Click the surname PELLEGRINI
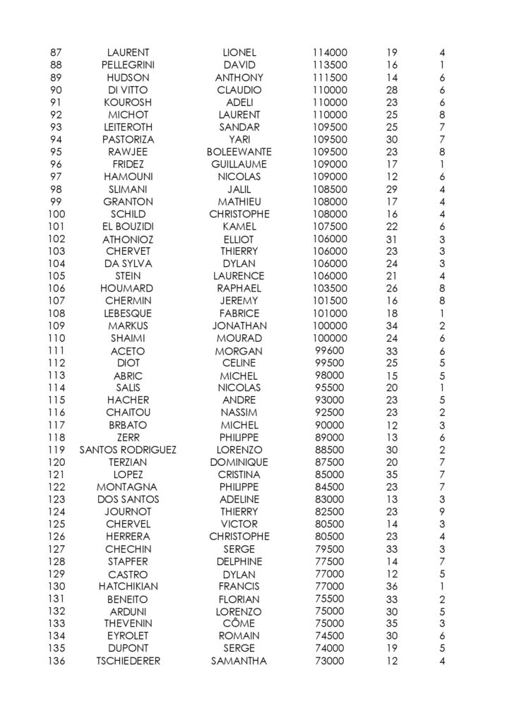click(128, 65)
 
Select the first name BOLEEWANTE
click(239, 152)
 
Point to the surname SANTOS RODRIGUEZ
click(128, 450)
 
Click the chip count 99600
click(328, 351)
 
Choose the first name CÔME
click(239, 623)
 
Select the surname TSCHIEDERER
click(128, 661)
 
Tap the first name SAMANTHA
click(239, 661)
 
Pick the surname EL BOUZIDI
click(128, 227)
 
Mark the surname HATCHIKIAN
click(128, 586)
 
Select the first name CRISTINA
click(239, 474)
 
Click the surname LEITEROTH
click(128, 127)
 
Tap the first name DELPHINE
click(239, 561)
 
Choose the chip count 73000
click(328, 661)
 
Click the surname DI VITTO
click(128, 90)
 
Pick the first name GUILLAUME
click(239, 165)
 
